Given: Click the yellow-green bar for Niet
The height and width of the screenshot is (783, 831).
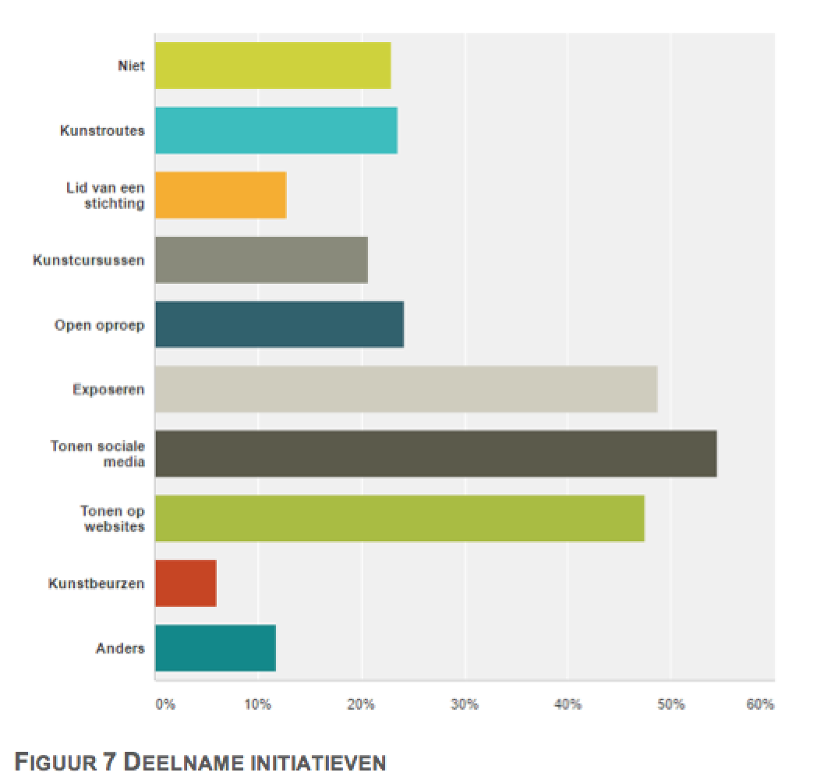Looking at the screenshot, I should coord(273,66).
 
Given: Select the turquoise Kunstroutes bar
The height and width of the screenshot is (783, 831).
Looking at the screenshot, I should coord(276,131).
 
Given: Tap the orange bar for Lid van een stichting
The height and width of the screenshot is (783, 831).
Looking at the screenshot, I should coord(221,196).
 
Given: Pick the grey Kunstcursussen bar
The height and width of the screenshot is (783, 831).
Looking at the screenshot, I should coord(261,260).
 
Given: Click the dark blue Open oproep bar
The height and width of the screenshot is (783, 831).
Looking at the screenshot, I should coord(279,324).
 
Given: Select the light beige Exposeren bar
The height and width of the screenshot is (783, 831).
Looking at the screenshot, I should coord(405,389).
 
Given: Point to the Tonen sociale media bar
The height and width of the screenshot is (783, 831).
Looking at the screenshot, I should coord(435,454).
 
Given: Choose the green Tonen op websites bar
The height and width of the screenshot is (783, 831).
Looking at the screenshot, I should coord(399,519).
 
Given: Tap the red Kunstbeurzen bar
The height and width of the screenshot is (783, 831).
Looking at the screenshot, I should coord(186,583).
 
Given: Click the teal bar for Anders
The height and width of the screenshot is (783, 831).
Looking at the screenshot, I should coord(215,648).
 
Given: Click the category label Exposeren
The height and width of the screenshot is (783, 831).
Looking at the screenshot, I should coord(108,389).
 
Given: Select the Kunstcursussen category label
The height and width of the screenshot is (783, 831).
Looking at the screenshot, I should coord(88,260).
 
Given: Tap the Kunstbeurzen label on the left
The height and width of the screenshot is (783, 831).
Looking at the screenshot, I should coord(96,583).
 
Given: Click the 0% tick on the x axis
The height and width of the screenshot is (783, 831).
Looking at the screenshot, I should coord(165,705).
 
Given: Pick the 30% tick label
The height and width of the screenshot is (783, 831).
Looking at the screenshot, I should coord(464,705).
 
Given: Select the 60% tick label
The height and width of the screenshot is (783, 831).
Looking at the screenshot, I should coord(760,705).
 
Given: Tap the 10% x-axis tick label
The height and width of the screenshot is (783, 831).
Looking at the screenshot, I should coord(257,705).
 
